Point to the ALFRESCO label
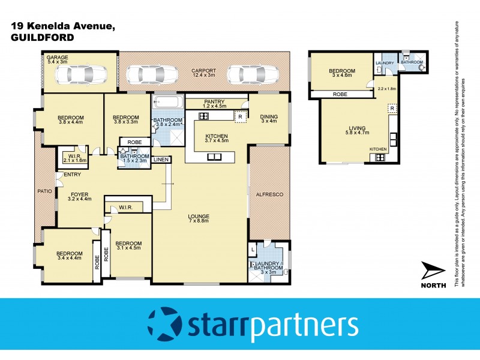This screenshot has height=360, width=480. pos(268,195)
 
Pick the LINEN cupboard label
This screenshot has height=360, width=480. pos(161,160)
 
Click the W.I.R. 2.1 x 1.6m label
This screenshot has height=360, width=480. pos(75,158)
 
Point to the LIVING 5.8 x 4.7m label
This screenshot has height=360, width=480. pos(358,130)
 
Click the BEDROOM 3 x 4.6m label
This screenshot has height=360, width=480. pos(341,74)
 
